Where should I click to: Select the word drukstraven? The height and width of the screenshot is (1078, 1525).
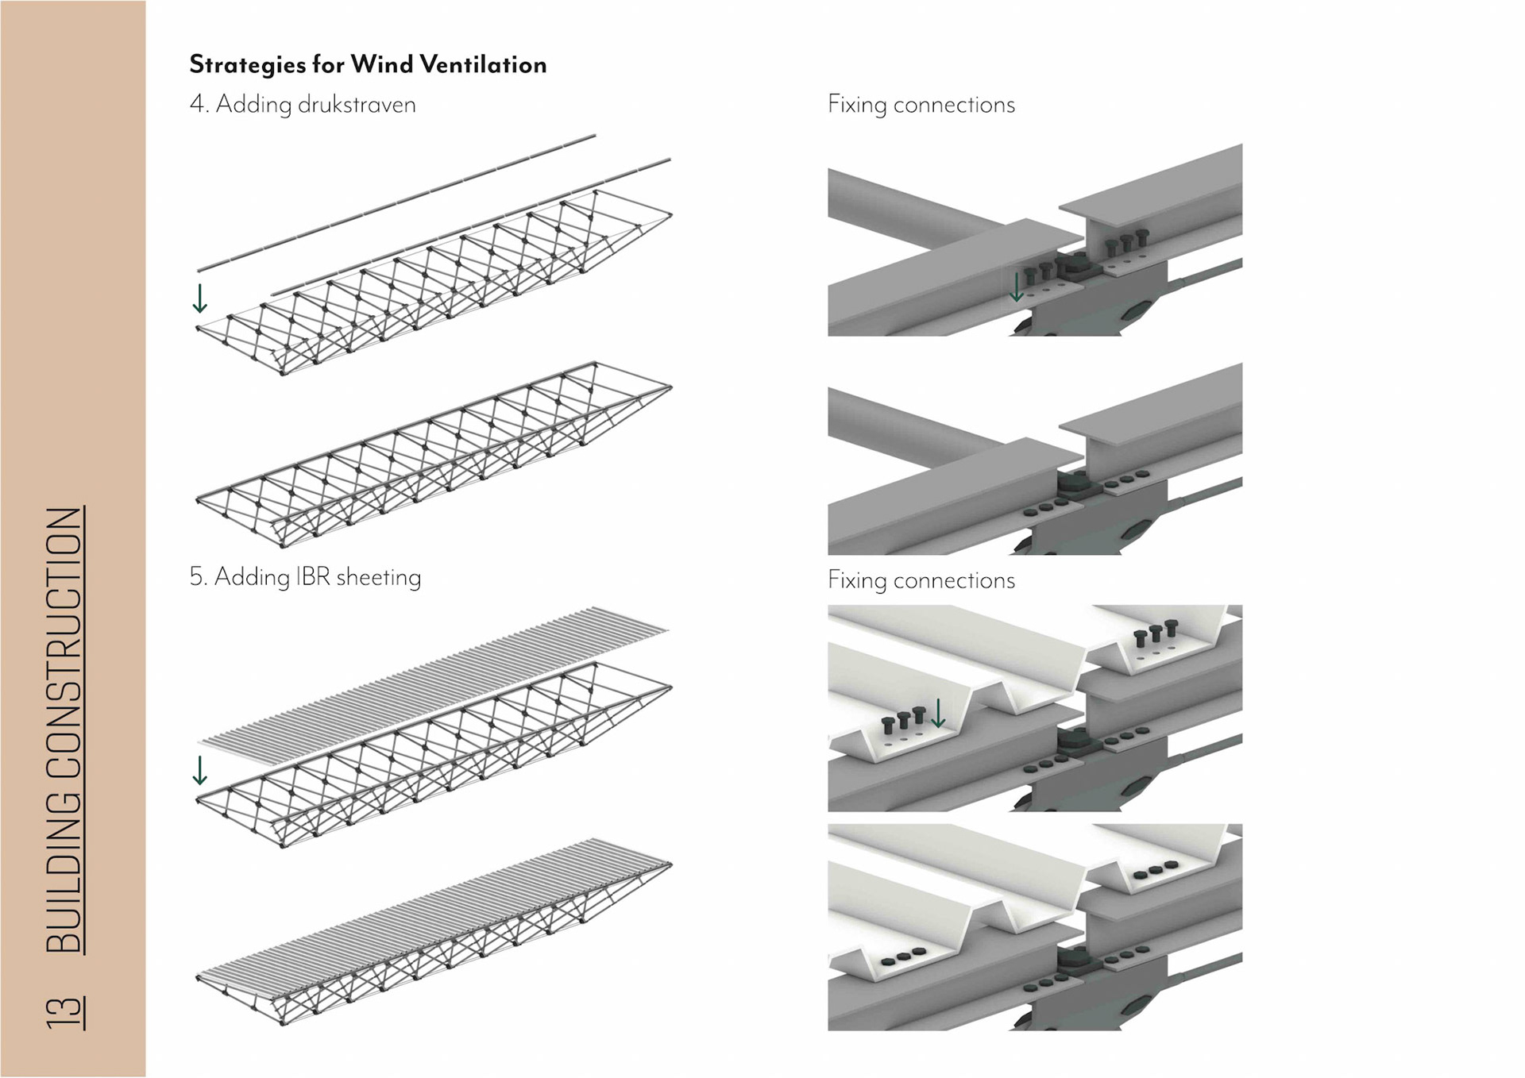point(357,105)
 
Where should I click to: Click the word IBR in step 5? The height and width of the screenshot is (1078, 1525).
point(312,576)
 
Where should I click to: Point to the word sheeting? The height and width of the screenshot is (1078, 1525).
point(379,577)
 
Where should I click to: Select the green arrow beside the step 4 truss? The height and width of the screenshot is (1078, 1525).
point(200,298)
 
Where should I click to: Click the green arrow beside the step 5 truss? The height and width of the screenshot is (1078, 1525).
point(200,770)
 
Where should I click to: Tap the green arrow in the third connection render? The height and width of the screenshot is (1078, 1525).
point(938,713)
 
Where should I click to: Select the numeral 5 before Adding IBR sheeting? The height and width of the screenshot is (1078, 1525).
point(198,576)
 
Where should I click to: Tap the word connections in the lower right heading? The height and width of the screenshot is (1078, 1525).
point(954,580)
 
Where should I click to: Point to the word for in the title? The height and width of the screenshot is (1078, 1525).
point(327,64)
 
